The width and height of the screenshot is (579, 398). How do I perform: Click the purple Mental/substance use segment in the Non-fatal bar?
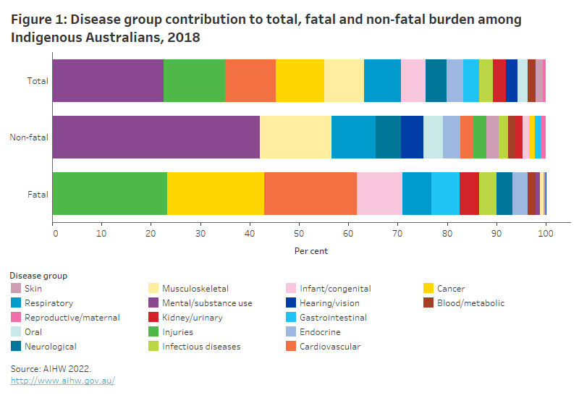(156, 137)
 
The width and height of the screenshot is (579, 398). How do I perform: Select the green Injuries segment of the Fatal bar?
(110, 193)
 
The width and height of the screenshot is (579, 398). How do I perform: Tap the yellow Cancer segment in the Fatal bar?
(216, 193)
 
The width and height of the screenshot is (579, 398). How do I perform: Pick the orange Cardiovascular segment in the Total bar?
(250, 80)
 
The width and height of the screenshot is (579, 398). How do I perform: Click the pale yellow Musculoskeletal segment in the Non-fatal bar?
(295, 137)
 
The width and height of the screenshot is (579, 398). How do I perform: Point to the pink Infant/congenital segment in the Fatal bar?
(379, 193)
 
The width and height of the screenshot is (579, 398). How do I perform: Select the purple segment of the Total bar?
(108, 80)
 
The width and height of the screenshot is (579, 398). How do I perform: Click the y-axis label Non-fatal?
(28, 137)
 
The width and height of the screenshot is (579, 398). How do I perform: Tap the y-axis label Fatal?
(38, 194)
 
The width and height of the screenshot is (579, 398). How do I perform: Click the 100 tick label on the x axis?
(546, 234)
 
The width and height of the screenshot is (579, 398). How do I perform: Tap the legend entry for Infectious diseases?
(200, 347)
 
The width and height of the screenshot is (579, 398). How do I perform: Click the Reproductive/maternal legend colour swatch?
(15, 318)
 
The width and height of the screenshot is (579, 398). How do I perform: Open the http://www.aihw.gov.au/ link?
(62, 381)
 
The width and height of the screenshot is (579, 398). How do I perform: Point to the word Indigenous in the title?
(48, 37)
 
